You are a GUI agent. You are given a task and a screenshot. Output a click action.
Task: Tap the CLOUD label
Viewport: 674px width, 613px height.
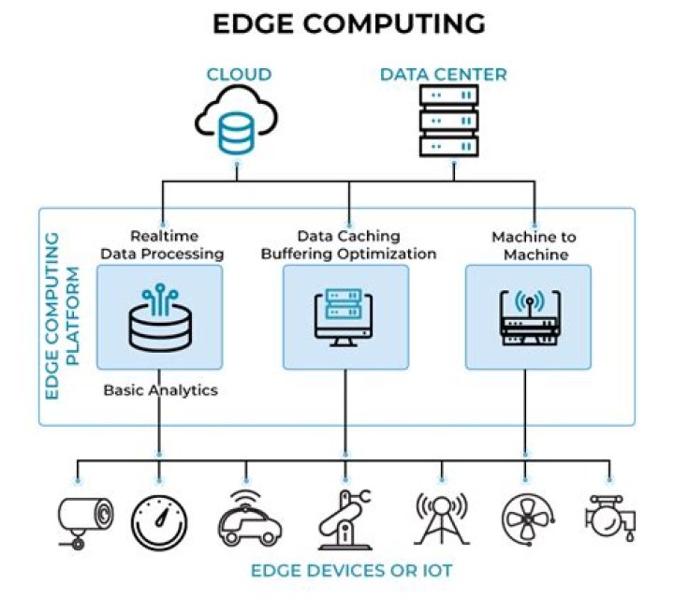[x=239, y=74]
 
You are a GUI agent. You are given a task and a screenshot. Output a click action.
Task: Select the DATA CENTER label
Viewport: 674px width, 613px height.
[x=443, y=74]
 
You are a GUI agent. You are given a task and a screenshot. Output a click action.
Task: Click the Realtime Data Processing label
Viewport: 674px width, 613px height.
[x=162, y=245]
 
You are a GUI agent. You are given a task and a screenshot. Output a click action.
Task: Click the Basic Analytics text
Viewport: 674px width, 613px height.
[x=160, y=389]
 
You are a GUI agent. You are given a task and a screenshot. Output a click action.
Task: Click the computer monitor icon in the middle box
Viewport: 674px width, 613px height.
[x=345, y=317]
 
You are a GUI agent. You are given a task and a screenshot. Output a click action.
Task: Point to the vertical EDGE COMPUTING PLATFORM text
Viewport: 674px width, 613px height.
[x=61, y=317]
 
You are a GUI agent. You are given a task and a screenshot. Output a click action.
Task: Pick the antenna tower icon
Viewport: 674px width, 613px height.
[x=441, y=518]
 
